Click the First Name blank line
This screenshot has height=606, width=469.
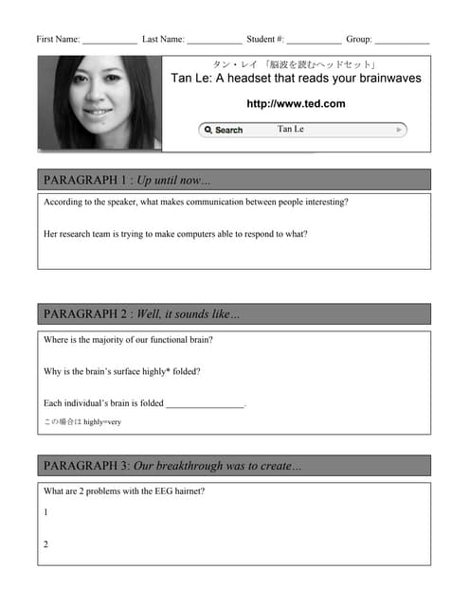[109, 43]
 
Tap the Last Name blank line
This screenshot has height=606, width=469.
[214, 43]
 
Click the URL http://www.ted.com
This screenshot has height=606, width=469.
[296, 104]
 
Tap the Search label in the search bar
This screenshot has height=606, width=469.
[227, 130]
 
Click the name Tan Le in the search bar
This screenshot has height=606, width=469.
[291, 129]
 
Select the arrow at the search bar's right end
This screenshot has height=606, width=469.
[401, 130]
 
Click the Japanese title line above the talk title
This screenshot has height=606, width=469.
[296, 64]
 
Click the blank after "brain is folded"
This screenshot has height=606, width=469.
[205, 403]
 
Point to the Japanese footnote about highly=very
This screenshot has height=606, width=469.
[82, 421]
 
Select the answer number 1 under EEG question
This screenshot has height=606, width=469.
[45, 512]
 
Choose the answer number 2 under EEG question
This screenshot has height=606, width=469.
[45, 544]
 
